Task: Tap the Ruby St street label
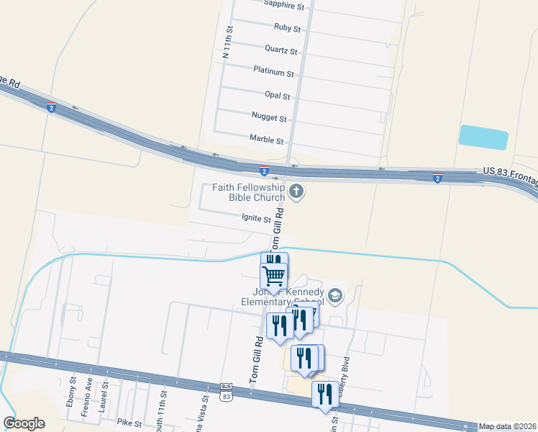point(287,28)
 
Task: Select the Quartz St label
point(281,50)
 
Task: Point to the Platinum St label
point(273,73)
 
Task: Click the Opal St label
point(277,95)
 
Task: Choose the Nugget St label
point(269,117)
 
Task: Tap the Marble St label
point(266,138)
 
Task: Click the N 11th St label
point(227,44)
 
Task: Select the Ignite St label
point(256,219)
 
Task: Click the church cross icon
point(296,192)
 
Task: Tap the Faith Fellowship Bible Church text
point(249,192)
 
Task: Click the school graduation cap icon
point(334,295)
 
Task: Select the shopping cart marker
point(274,275)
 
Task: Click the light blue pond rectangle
point(483,138)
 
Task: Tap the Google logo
point(24,423)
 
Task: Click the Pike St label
point(129,422)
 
